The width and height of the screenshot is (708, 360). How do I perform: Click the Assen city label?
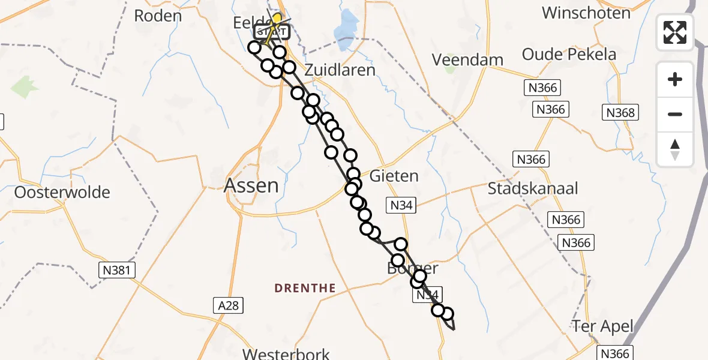coord(251,186)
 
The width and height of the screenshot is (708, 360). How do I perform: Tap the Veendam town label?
coord(467,60)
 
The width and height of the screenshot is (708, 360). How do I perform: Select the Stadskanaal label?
coord(533,188)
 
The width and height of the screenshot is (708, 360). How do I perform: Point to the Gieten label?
coord(394,176)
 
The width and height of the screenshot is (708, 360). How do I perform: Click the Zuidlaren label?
coord(340,70)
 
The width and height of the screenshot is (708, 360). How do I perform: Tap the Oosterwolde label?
coord(62,193)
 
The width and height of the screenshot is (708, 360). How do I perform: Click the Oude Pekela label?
coord(569,55)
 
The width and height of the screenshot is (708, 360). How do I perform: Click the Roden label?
coord(158,16)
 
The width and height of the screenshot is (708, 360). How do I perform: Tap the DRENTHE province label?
coord(305,289)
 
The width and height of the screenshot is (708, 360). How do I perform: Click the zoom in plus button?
coord(675,79)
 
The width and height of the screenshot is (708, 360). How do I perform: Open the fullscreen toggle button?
coord(675,32)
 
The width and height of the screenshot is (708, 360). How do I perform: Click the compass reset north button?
coord(675,149)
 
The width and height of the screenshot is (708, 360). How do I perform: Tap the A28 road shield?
coord(228,306)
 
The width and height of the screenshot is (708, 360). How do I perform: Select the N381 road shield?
coord(118,270)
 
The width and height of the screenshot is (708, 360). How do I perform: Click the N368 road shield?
coord(620,112)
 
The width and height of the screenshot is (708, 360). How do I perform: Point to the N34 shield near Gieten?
coord(401,206)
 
